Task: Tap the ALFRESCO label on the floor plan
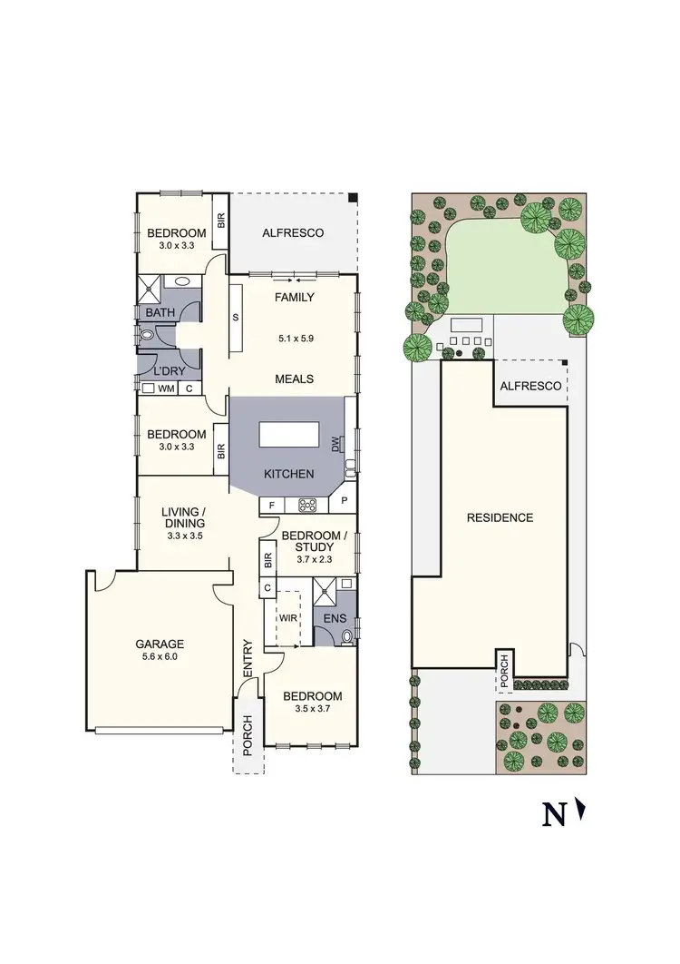[x=293, y=233]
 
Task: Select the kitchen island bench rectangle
[x=289, y=436]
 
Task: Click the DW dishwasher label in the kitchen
[x=335, y=444]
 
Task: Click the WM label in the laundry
[x=166, y=389]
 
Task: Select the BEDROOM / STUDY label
[x=314, y=542]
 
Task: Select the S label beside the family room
[x=236, y=318]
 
